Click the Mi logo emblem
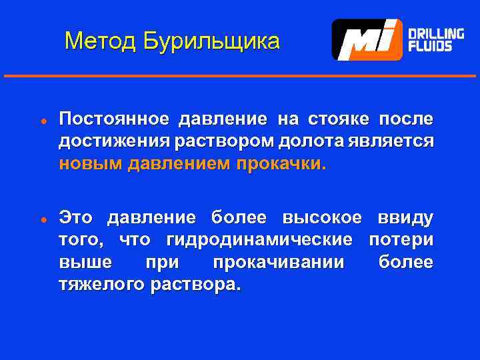pos(367,40)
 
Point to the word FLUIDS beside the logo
pos(429,47)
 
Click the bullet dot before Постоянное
pos(41,121)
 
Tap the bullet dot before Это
pos(41,219)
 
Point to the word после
pos(406,119)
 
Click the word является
pos(393,142)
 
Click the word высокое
pos(321,217)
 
